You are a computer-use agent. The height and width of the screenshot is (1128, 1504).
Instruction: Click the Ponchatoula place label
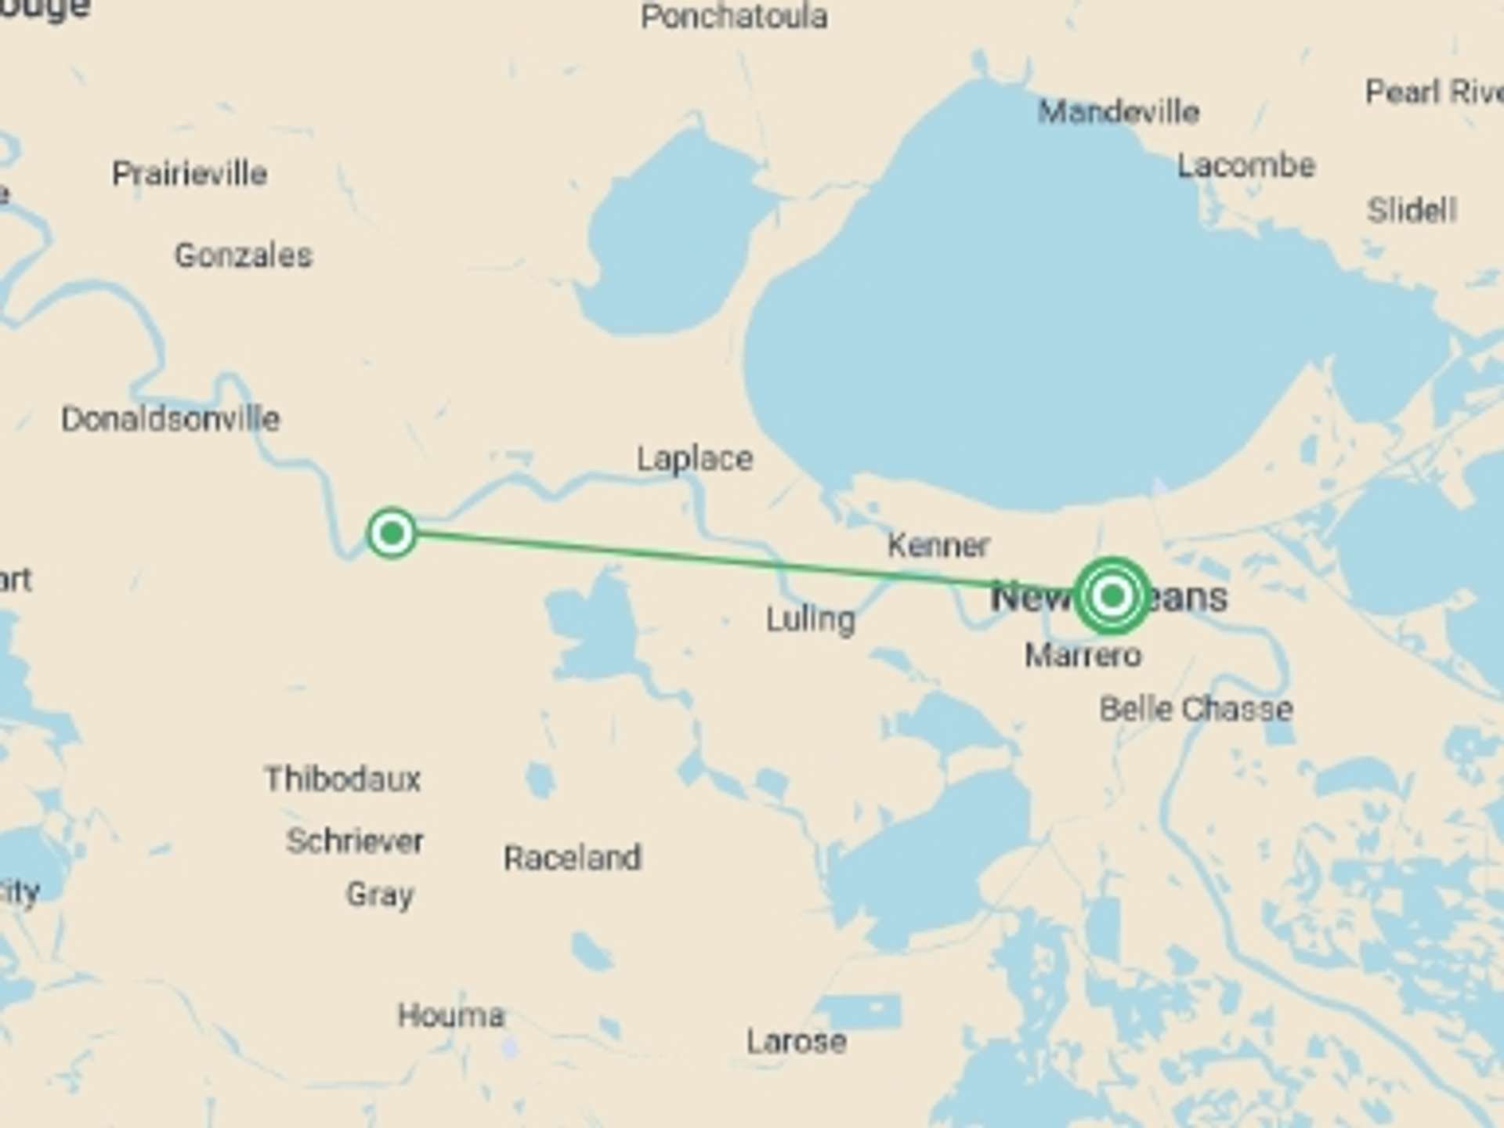pos(734,16)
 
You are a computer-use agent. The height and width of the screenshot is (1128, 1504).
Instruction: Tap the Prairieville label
pos(190,173)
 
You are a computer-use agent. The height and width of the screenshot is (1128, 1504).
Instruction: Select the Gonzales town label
pos(244,255)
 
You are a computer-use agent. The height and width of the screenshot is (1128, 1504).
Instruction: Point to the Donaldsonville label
pos(171,419)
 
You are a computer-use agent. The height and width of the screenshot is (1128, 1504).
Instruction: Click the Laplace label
pos(695,458)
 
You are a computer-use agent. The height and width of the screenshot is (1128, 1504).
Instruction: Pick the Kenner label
pos(938,544)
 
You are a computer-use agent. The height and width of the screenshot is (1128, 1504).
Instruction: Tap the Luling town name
pos(811,620)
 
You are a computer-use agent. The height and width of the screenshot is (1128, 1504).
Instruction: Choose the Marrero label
pos(1083,655)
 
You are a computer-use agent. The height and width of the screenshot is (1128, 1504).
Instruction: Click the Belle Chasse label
pos(1196,709)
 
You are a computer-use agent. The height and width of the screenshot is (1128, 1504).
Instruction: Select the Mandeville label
pos(1119,112)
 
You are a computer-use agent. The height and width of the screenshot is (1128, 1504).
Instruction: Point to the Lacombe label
pos(1246,165)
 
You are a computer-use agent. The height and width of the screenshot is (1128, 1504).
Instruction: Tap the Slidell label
pos(1412,210)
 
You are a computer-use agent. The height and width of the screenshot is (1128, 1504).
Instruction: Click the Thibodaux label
pos(342,779)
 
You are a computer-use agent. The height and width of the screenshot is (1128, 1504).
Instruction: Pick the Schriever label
pos(355,841)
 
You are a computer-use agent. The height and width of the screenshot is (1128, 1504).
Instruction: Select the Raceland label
pos(573,858)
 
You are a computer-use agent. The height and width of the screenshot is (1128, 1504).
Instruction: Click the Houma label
pos(451,1015)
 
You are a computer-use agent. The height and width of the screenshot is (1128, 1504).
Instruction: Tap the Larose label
pos(797,1041)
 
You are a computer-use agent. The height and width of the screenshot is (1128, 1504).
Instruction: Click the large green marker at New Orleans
pos(1112,596)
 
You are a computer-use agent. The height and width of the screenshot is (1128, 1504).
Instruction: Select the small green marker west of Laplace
pos(392,533)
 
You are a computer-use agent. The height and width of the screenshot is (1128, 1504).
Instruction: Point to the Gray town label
pos(380,894)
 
